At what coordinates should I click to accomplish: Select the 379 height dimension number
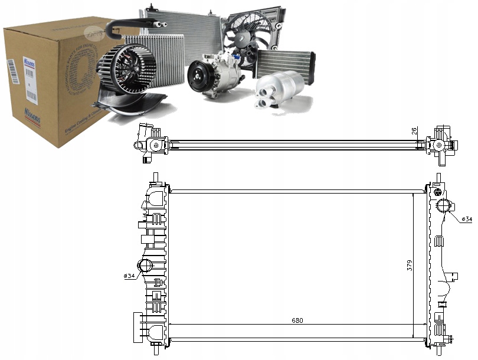tap(410, 265)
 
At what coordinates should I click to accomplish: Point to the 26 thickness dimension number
tap(415, 131)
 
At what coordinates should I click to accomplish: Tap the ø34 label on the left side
tap(130, 276)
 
